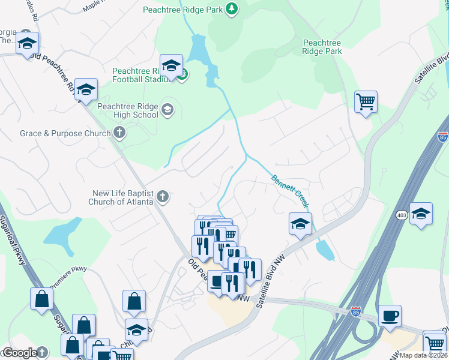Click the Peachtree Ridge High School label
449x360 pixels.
pos(128,110)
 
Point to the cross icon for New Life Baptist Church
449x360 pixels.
pos(162,197)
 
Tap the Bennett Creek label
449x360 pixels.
pos(291,191)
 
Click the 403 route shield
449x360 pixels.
pos(402,214)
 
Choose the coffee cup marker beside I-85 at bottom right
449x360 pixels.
pos(390,316)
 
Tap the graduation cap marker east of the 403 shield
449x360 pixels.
pos(421,214)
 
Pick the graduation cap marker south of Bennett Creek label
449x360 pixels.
pos(300,224)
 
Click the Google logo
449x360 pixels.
pos(19,353)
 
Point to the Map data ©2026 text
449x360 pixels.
pos(423,355)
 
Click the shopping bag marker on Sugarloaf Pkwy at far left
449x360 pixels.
pos(42,299)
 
